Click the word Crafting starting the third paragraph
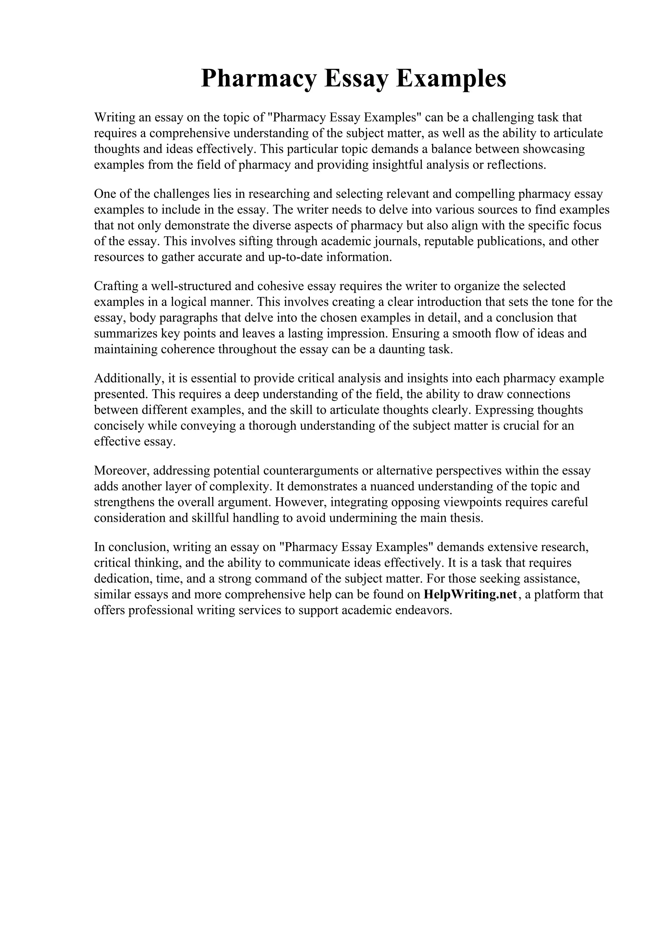click(x=116, y=286)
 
